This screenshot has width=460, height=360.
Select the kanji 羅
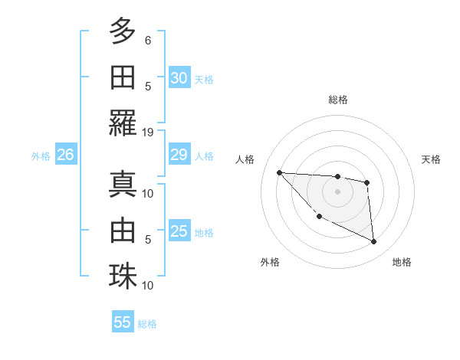123,123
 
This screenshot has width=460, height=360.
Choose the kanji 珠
123,276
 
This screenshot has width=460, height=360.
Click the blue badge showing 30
179,78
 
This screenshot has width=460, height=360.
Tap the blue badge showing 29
179,155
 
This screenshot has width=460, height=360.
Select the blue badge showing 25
179,232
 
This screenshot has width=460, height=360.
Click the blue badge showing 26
65,155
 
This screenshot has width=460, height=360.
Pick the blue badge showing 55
123,322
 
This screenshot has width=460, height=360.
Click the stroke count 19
148,132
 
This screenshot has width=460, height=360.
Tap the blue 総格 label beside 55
147,324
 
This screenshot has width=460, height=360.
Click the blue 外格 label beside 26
41,156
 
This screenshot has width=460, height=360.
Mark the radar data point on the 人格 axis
279,172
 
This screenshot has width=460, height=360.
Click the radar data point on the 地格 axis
373,242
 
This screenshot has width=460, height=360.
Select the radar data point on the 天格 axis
367,182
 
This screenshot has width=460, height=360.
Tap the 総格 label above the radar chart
338,100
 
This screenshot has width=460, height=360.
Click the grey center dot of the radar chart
337,191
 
